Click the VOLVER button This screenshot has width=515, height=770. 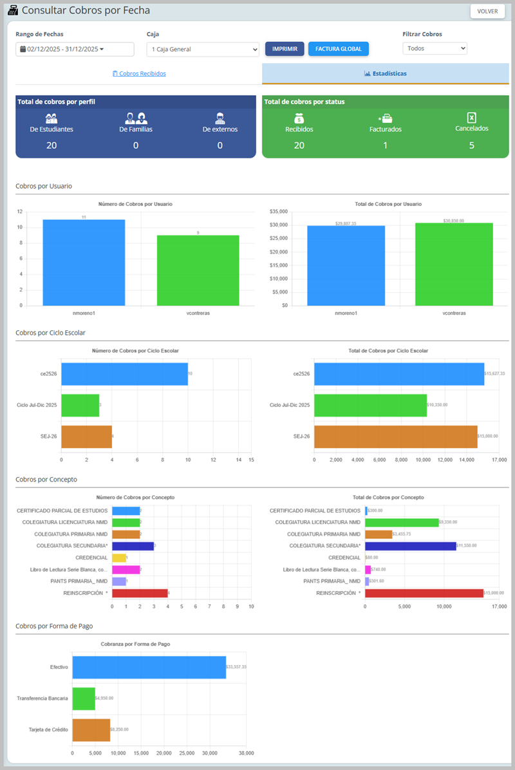[x=487, y=11]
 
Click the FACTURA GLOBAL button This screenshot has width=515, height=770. [x=339, y=49]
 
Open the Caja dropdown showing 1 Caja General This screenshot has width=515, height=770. [x=203, y=50]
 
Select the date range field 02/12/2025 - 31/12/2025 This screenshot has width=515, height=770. [x=75, y=49]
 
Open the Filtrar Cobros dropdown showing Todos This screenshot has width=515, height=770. [x=435, y=48]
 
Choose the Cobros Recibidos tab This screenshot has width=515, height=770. [x=139, y=73]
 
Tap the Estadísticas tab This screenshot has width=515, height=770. [x=385, y=73]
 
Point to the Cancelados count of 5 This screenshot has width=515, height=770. [x=471, y=145]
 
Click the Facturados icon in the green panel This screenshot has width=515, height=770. [x=386, y=118]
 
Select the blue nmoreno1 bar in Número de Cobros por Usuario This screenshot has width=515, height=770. [x=84, y=263]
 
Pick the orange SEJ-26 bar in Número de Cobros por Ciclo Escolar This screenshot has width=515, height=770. [x=86, y=437]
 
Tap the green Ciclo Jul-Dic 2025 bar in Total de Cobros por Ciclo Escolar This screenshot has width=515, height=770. [x=370, y=405]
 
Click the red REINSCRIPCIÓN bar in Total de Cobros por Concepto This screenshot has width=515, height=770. [x=424, y=593]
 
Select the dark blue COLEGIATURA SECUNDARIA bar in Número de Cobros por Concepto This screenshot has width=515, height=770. [x=133, y=546]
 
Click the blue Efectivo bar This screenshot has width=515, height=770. [x=149, y=667]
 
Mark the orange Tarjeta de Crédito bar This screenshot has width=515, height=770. [x=91, y=730]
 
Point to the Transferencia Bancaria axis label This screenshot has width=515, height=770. [x=42, y=699]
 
